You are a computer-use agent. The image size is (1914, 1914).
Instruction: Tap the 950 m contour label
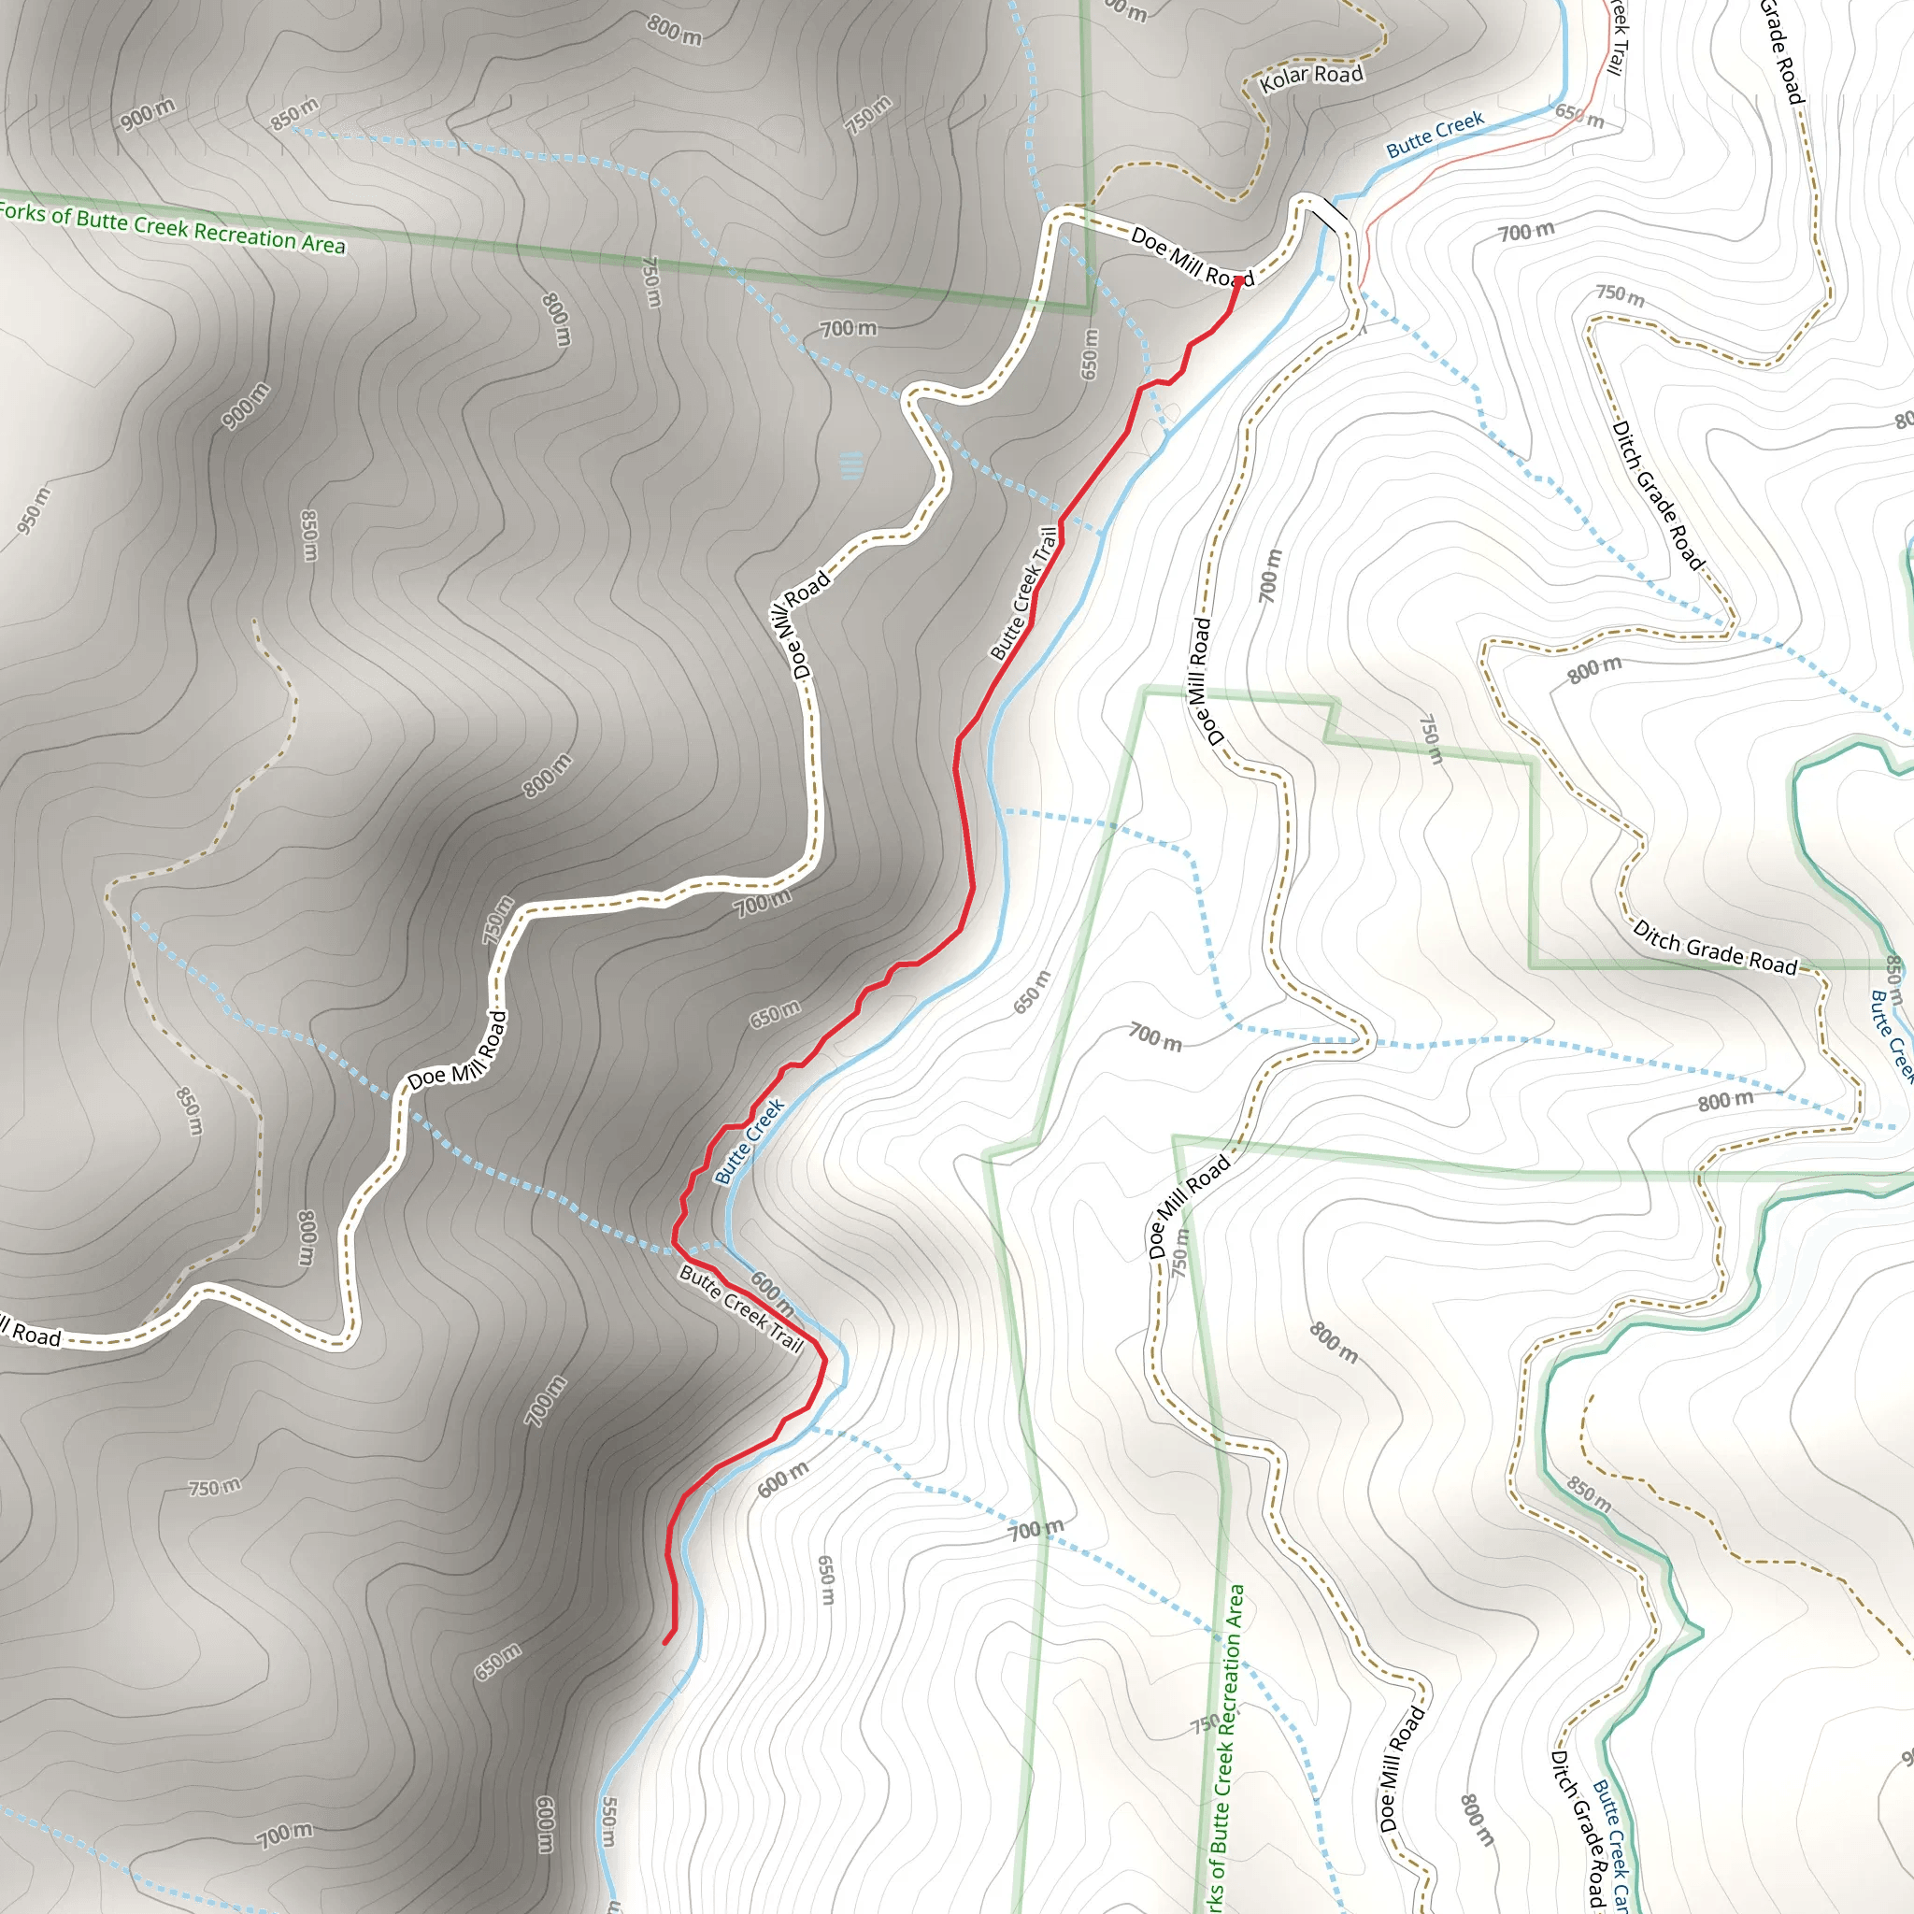click(x=32, y=511)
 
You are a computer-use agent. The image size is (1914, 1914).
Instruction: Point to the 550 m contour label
click(x=609, y=1821)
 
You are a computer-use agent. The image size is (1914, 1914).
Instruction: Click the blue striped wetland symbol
click(x=851, y=465)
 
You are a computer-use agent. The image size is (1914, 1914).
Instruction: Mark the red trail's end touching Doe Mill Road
click(x=1237, y=281)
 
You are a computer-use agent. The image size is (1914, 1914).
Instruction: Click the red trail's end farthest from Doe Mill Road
click(x=665, y=1644)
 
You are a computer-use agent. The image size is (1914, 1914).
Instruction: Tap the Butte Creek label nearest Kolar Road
click(x=1435, y=135)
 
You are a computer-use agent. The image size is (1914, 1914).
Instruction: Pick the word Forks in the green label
click(x=21, y=212)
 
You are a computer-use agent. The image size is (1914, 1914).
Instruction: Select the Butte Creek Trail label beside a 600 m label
click(x=741, y=1307)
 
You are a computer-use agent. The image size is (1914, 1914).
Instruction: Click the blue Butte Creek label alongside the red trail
click(x=749, y=1140)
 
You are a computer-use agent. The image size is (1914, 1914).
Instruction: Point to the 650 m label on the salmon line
click(x=1579, y=116)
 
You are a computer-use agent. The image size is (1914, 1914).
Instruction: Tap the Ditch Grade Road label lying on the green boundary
click(x=1715, y=948)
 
